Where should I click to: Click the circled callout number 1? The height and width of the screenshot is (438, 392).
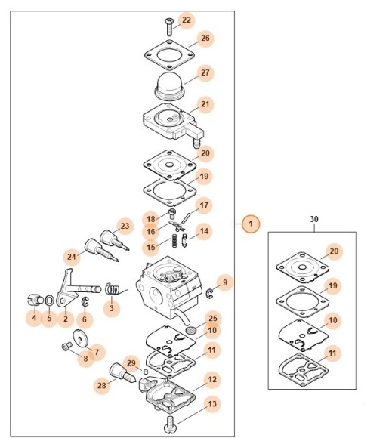tap(251, 224)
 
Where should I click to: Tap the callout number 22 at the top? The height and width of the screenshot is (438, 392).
tap(187, 20)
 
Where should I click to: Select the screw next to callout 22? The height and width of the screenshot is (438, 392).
tap(169, 27)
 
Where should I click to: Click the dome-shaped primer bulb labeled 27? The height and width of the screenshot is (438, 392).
tap(168, 86)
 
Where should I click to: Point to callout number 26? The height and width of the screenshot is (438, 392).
tap(205, 39)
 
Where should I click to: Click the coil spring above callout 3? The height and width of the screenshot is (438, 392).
tap(113, 289)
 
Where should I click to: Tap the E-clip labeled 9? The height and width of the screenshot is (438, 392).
tap(209, 293)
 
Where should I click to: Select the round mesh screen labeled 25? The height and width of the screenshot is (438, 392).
tap(191, 330)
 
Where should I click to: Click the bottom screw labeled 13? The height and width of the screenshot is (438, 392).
tap(170, 424)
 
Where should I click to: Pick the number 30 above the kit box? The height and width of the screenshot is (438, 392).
tap(313, 219)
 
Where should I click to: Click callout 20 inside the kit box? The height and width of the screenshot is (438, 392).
tap(334, 251)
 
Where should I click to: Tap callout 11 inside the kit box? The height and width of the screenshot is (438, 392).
tap(332, 353)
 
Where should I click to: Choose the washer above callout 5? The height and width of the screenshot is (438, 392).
tap(49, 301)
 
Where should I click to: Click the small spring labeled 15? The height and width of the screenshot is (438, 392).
tap(174, 240)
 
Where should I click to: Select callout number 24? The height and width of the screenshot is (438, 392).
tap(72, 257)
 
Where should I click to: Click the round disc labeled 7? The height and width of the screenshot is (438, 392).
tap(81, 338)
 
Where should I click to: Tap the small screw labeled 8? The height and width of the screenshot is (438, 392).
tap(66, 347)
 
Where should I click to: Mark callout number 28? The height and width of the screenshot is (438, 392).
tap(102, 385)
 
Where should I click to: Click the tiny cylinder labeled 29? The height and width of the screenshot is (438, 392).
tap(145, 372)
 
